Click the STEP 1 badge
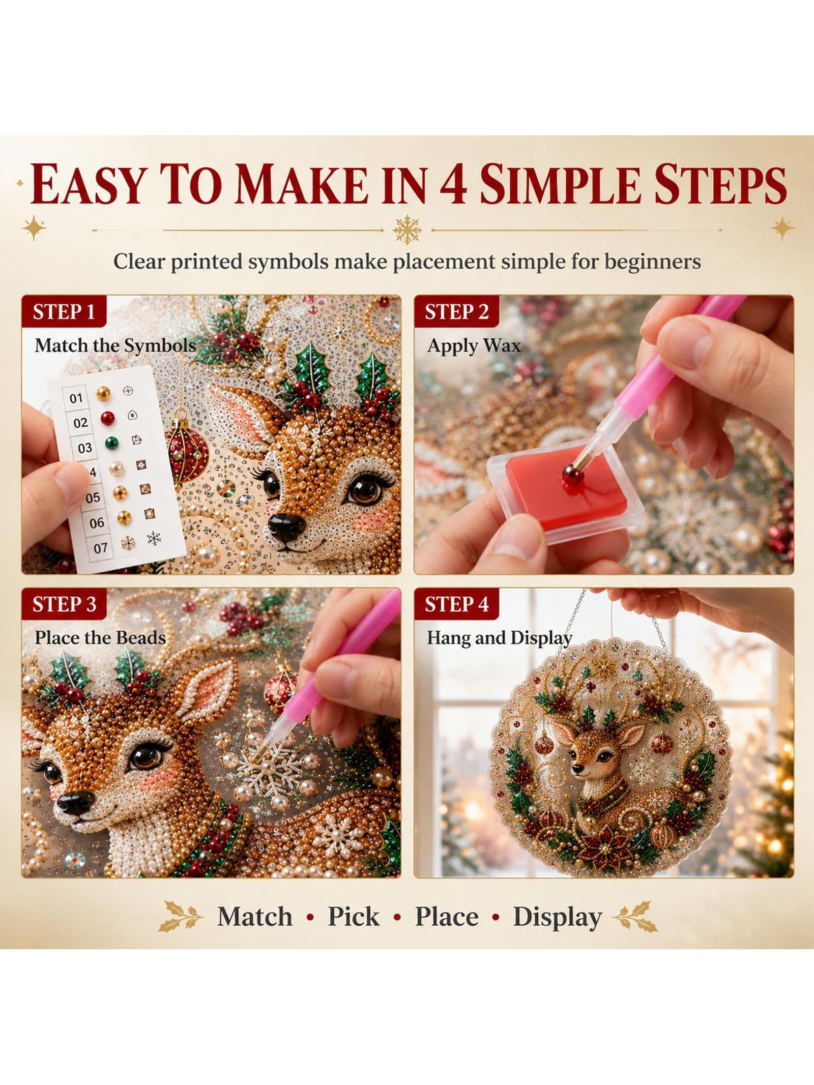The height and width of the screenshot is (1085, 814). [64, 311]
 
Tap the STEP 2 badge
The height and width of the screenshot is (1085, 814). [456, 311]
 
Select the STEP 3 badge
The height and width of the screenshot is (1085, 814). [64, 604]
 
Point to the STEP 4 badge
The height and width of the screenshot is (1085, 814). [456, 604]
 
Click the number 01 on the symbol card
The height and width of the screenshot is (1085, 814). [76, 398]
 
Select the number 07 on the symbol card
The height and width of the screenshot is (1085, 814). [100, 548]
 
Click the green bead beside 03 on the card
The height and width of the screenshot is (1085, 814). [111, 443]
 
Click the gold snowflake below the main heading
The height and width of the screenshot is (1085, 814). [407, 230]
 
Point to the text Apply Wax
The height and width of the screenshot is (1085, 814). [474, 346]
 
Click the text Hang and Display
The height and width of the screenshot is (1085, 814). [500, 638]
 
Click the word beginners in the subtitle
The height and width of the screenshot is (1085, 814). [652, 262]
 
